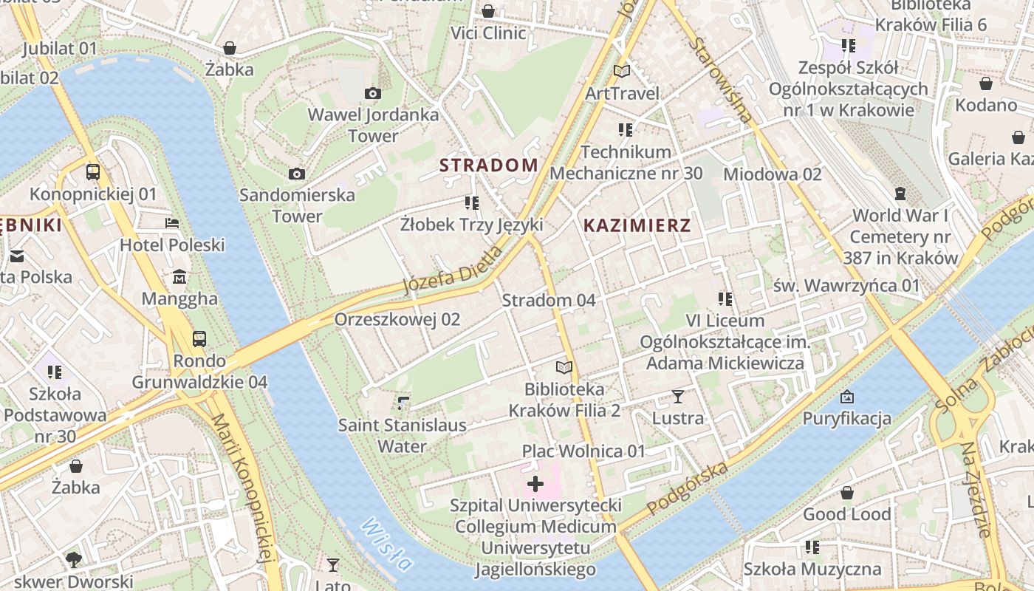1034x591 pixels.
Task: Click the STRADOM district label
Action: point(489,165)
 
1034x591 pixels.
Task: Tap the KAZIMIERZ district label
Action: point(637,225)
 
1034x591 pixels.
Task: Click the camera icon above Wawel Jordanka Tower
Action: point(373,93)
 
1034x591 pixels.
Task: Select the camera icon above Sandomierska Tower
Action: point(297,174)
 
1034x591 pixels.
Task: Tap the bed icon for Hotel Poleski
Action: point(172,222)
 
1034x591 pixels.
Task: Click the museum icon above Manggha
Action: point(179,277)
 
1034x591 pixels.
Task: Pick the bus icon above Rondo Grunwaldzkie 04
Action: point(199,339)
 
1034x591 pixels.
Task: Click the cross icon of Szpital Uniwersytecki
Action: point(535,485)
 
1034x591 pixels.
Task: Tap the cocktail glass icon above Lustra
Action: point(678,397)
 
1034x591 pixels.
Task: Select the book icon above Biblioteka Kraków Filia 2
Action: point(564,367)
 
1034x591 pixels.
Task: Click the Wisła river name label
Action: point(386,545)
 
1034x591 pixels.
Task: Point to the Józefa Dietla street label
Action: point(453,270)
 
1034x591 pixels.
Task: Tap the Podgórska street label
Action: point(688,488)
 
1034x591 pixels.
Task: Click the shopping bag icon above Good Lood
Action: point(847,492)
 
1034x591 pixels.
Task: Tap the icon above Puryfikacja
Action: point(847,397)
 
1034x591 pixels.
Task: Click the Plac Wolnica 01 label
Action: point(583,451)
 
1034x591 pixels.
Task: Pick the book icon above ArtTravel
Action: point(622,72)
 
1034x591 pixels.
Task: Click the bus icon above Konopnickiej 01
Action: point(93,172)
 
